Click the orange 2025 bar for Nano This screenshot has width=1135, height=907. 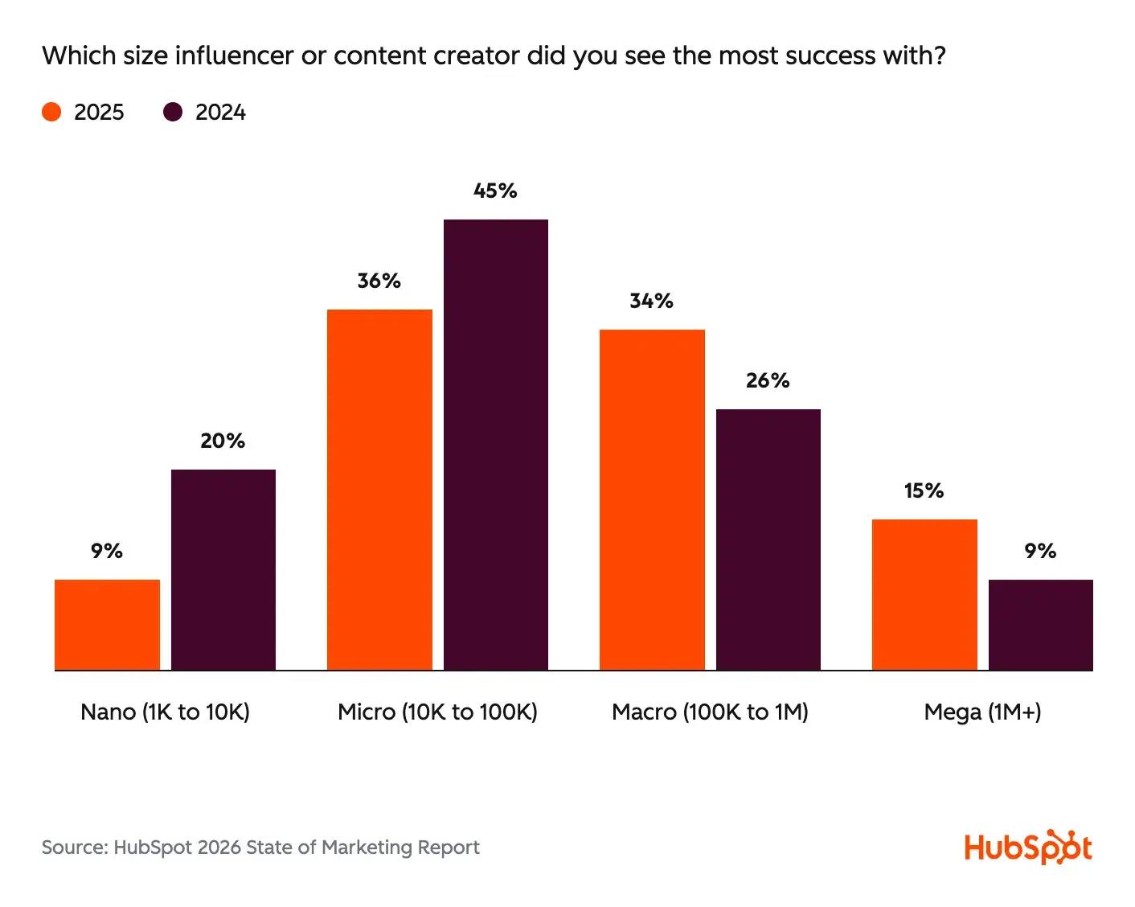click(x=107, y=624)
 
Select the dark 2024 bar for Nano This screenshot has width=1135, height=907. click(x=223, y=569)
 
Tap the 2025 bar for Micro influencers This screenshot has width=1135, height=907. click(x=379, y=489)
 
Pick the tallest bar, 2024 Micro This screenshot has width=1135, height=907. click(x=496, y=444)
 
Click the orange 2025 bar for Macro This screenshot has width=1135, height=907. click(x=652, y=499)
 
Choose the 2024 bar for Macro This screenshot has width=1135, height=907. click(x=768, y=539)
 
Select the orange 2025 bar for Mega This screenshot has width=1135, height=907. click(x=924, y=594)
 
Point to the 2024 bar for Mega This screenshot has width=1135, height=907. click(x=1041, y=624)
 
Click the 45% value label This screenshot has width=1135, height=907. click(x=495, y=191)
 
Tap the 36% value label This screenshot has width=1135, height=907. click(x=379, y=281)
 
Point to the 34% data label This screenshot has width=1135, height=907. click(x=651, y=302)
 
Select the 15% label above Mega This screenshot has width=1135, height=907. click(x=924, y=491)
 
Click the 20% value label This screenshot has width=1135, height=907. click(x=223, y=441)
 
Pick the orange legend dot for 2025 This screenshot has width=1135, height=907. click(x=51, y=112)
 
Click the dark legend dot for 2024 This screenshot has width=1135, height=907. click(x=173, y=112)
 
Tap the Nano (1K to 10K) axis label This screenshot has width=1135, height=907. click(x=165, y=712)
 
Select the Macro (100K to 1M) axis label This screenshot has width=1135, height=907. click(x=710, y=712)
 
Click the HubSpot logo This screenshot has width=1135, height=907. click(x=1028, y=847)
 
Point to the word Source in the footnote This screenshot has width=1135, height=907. click(x=74, y=847)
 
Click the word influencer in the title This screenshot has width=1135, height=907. click(x=234, y=55)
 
